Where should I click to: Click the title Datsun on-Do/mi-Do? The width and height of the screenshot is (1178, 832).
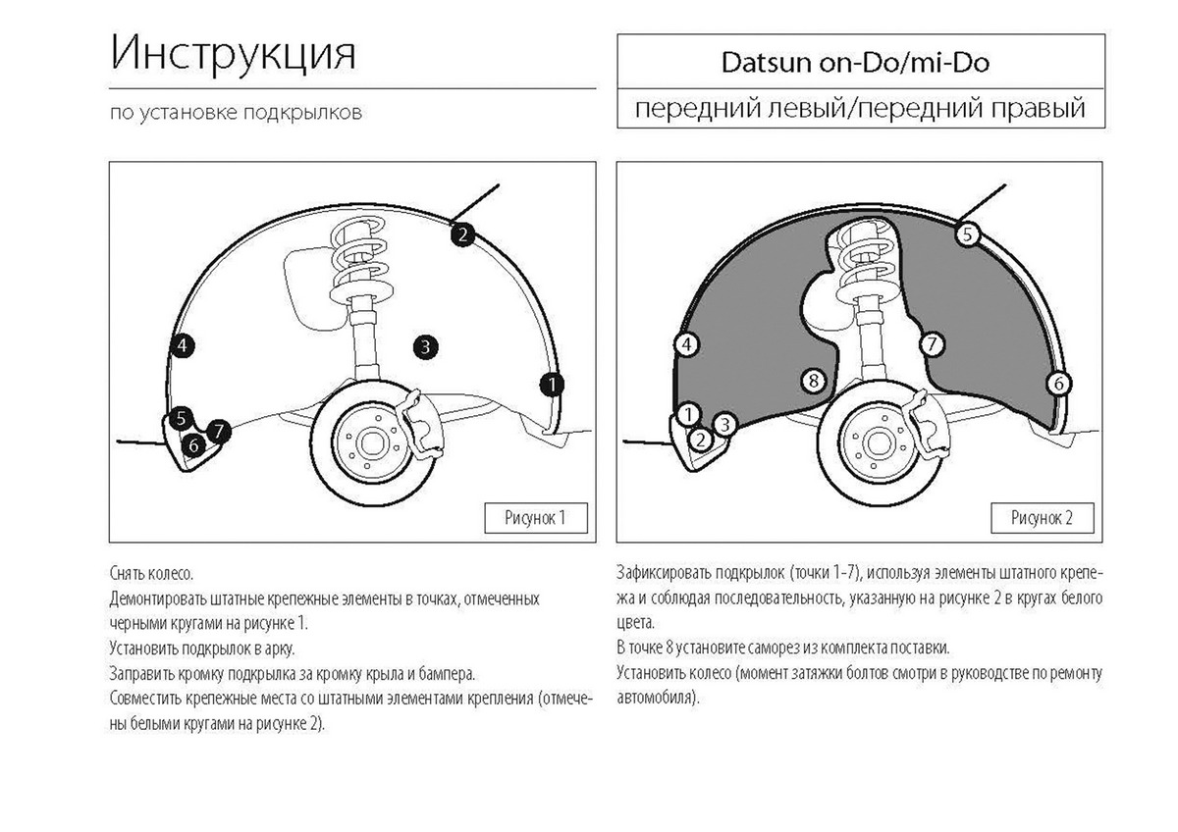(x=855, y=63)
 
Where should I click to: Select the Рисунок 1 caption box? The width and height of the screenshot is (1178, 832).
(x=535, y=518)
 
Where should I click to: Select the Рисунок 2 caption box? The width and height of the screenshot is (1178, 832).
(x=1042, y=518)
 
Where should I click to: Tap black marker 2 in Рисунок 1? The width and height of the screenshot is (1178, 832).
(x=462, y=234)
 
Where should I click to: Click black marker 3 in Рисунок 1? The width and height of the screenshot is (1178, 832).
(x=425, y=347)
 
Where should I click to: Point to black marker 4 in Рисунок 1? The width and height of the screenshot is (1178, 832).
(x=182, y=345)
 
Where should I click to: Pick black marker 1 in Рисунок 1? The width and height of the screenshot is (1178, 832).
(x=552, y=386)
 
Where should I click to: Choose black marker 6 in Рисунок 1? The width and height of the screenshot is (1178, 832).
(x=193, y=445)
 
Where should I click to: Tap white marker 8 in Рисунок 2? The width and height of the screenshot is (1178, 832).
(x=814, y=381)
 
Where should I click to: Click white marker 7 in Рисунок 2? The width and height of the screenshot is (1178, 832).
(x=932, y=344)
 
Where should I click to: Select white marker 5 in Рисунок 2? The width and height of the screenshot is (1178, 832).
(x=968, y=234)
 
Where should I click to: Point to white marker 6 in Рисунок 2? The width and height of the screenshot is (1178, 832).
(x=1058, y=384)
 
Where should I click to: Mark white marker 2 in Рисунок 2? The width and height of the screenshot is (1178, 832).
(x=700, y=440)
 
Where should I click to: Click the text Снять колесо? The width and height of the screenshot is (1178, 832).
(x=151, y=573)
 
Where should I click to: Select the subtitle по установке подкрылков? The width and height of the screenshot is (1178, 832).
(x=237, y=113)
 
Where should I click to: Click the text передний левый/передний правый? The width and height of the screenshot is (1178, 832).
(x=860, y=109)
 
